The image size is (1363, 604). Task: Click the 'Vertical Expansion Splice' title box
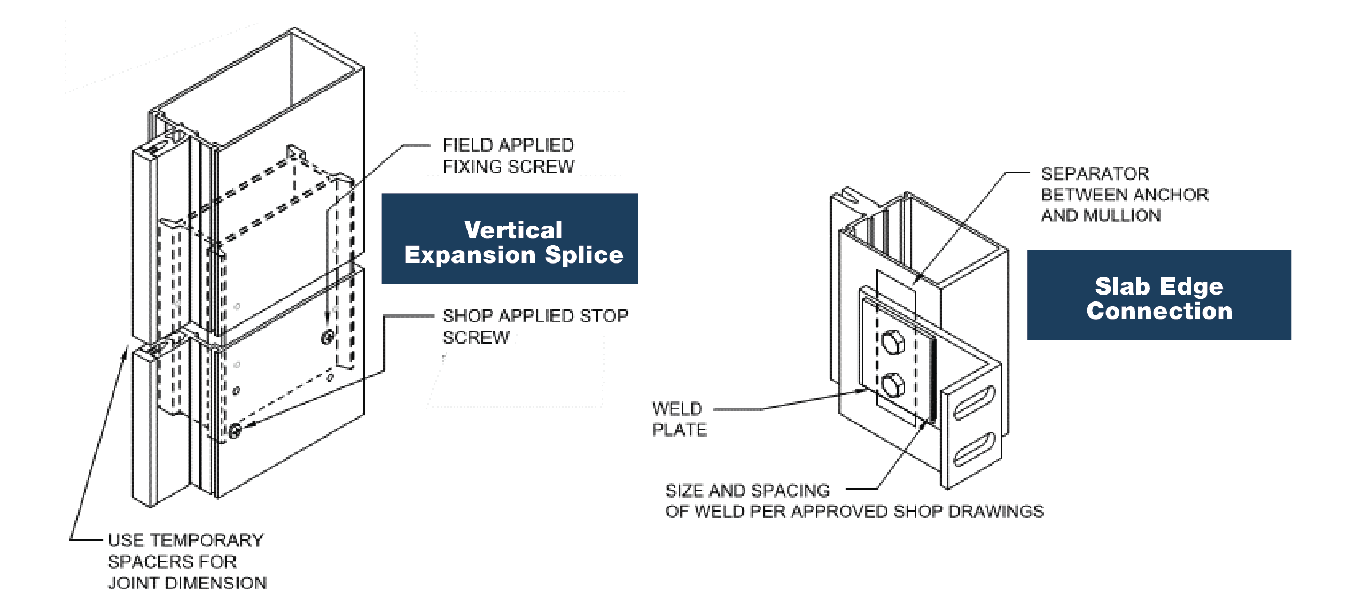tap(509, 238)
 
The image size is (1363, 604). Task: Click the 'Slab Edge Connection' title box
tap(1159, 295)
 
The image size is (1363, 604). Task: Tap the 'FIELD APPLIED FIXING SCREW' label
tap(508, 156)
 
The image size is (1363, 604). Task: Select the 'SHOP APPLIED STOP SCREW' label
tap(535, 326)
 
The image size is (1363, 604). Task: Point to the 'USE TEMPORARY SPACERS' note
tap(186, 561)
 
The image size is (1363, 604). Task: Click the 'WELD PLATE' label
tap(679, 419)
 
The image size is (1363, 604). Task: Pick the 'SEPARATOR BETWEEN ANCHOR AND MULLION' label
tap(1124, 195)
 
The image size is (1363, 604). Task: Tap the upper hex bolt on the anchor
tap(892, 342)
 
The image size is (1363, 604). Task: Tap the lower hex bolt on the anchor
tap(892, 385)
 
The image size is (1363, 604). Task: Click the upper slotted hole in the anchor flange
tap(974, 402)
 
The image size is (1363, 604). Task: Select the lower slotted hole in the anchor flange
tap(974, 449)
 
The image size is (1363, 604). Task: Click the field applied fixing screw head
tap(328, 337)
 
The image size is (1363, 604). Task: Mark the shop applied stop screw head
tap(234, 431)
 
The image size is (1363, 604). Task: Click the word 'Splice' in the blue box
tap(583, 255)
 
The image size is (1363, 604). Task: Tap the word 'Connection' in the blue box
tap(1159, 311)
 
